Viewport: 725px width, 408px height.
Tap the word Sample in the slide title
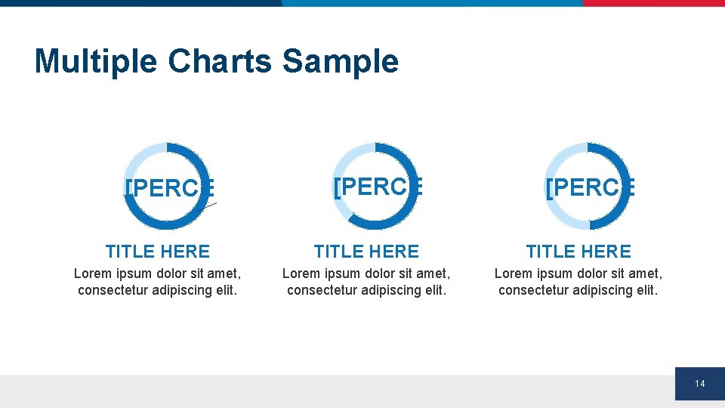pos(340,61)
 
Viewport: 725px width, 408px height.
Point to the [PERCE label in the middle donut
pos(377,186)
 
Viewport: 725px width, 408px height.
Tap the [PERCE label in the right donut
pos(589,187)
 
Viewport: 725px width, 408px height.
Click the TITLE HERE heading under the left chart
pos(157,252)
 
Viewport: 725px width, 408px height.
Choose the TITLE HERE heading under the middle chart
pos(366,252)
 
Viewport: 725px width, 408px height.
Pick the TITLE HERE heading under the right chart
pos(578,252)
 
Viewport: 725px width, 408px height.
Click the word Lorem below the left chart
pos(91,274)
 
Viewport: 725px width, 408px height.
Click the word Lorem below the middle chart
pos(300,274)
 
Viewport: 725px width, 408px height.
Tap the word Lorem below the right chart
pos(512,274)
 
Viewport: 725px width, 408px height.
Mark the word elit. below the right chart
pos(646,290)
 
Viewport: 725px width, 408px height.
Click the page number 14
pos(699,385)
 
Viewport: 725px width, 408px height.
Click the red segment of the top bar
pos(653,3)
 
